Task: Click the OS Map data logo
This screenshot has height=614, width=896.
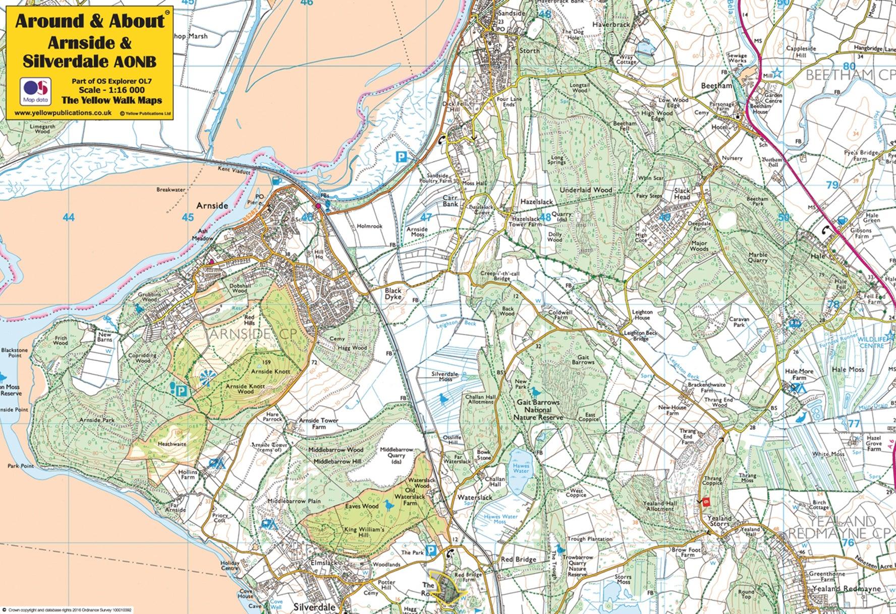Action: point(36,90)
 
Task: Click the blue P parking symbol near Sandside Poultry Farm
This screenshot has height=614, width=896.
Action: point(401,157)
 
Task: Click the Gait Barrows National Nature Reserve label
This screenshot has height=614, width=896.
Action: point(538,410)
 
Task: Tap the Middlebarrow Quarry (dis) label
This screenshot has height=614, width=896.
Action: point(397,455)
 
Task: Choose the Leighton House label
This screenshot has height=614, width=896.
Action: point(642,315)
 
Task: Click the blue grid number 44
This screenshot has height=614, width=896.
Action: point(69,217)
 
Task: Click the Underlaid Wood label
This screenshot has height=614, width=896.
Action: point(586,190)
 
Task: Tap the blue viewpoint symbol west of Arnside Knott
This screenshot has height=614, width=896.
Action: point(206,377)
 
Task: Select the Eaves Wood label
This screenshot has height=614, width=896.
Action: point(362,506)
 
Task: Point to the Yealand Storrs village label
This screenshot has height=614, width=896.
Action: point(719,521)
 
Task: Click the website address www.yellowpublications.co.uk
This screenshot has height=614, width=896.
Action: point(63,113)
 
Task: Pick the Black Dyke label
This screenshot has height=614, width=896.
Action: point(393,294)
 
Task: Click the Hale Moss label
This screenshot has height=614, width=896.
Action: point(848,369)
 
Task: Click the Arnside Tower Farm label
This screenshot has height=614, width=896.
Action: point(318,423)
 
